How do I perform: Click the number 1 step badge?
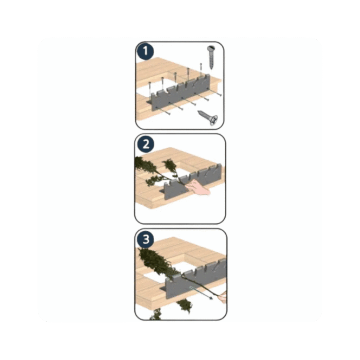click(145, 51)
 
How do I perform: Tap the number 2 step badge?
click(146, 144)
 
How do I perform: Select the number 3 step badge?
click(146, 239)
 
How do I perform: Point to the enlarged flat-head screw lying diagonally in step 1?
click(207, 117)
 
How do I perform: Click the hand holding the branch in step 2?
click(198, 187)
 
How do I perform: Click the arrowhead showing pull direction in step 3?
click(211, 298)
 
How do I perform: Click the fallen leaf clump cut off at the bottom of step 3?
click(156, 314)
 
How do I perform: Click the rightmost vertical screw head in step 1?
click(201, 64)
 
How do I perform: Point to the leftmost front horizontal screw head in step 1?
click(169, 114)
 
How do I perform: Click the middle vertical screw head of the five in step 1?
click(175, 73)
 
